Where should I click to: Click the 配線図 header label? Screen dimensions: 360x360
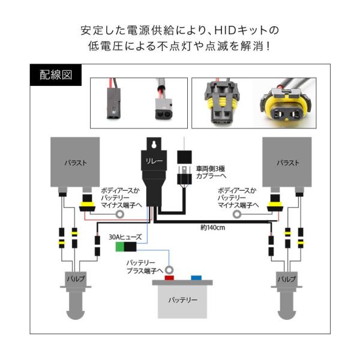[52, 76]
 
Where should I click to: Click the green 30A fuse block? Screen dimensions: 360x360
[128, 246]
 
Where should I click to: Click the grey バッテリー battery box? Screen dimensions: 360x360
[182, 298]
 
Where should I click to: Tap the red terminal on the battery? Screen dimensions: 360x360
[170, 278]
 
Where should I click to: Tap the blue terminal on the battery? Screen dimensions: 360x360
[196, 278]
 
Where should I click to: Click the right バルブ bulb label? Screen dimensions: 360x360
[286, 280]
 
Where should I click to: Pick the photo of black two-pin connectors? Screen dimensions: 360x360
[138, 102]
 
